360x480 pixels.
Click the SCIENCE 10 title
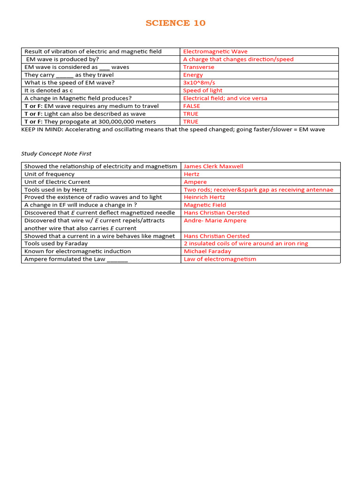(x=175, y=23)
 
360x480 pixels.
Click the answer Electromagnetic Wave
(x=215, y=52)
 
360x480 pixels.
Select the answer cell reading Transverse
(x=198, y=67)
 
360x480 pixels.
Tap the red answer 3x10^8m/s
(x=202, y=82)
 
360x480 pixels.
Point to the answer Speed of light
(x=202, y=90)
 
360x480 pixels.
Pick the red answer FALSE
(x=191, y=106)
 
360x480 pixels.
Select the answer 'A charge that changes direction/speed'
(x=238, y=60)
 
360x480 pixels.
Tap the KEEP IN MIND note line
(x=173, y=129)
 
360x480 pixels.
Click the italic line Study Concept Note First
(x=56, y=153)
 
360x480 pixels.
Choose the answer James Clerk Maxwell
(x=213, y=166)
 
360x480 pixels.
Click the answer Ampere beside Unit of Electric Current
(x=195, y=182)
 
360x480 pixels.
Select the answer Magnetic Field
(x=205, y=205)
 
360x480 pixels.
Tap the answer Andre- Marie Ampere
(x=215, y=220)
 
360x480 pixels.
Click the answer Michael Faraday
(x=207, y=251)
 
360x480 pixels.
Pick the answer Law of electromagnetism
(x=220, y=259)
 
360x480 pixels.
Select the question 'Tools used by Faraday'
(x=56, y=243)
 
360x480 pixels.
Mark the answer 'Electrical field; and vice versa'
(x=225, y=98)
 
